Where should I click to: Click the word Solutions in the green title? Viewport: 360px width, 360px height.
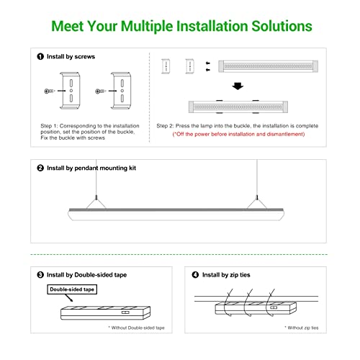click(282, 26)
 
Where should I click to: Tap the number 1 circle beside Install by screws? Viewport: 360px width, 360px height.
click(40, 57)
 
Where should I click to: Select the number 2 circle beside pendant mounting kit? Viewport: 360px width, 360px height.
click(40, 168)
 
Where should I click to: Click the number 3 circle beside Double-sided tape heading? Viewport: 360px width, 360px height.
click(40, 275)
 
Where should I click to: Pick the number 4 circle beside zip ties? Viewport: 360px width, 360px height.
click(195, 275)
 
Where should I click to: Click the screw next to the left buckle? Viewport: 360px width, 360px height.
click(50, 91)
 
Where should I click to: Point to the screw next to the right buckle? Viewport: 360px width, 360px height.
click(101, 91)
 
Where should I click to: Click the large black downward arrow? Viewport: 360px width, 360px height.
click(238, 86)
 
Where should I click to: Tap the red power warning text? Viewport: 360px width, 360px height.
click(238, 134)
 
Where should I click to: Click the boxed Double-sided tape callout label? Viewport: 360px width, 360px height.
click(72, 289)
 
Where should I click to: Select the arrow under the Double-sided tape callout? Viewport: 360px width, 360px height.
click(69, 298)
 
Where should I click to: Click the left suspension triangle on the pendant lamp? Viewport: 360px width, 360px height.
click(96, 203)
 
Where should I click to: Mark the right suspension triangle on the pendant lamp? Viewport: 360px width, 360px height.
click(257, 203)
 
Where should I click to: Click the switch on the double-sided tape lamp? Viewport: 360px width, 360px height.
click(125, 312)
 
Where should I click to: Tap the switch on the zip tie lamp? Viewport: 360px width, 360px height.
click(274, 307)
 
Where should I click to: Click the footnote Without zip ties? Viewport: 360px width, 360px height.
click(302, 328)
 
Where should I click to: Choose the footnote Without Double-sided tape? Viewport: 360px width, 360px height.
click(136, 328)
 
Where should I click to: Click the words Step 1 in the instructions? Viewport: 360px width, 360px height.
click(49, 126)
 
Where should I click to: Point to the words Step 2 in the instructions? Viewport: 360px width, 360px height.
click(165, 126)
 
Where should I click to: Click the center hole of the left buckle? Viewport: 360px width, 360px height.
click(71, 91)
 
